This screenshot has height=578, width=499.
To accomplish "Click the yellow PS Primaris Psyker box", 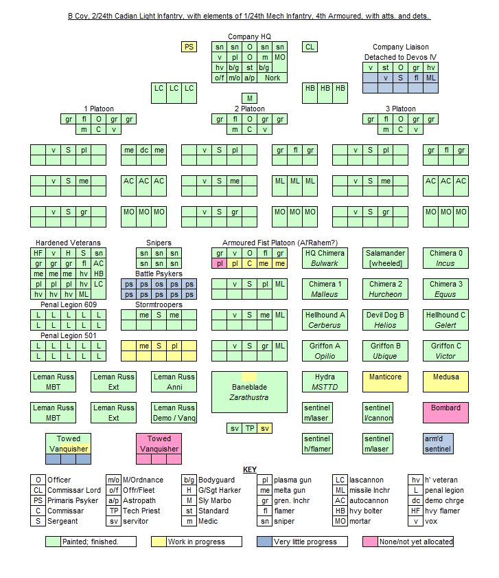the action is pyautogui.click(x=189, y=47).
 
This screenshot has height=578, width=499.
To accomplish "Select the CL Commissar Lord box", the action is pyautogui.click(x=310, y=47).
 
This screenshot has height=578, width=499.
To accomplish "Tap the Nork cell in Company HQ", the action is pyautogui.click(x=272, y=78).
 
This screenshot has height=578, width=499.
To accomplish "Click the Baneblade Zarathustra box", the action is pyautogui.click(x=249, y=392).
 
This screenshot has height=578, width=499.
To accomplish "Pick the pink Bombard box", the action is pyautogui.click(x=445, y=412).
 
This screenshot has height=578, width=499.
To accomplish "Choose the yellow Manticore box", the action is pyautogui.click(x=385, y=381).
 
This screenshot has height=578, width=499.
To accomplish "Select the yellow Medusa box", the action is pyautogui.click(x=445, y=381).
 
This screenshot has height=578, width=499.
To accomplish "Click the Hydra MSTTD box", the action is pyautogui.click(x=325, y=381).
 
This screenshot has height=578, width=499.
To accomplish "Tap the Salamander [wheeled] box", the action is pyautogui.click(x=385, y=258).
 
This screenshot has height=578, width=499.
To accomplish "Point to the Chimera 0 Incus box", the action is pyautogui.click(x=445, y=258).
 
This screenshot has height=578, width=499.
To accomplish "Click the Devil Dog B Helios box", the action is pyautogui.click(x=385, y=320).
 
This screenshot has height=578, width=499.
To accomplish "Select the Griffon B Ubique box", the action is pyautogui.click(x=385, y=351).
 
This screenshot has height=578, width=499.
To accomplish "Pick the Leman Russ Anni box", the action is pyautogui.click(x=174, y=381).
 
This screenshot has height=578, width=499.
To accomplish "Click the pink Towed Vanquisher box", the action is pyautogui.click(x=159, y=443).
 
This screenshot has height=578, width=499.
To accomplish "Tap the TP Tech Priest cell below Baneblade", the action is pyautogui.click(x=250, y=428).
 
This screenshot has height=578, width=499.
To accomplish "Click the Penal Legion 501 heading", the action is pyautogui.click(x=68, y=335).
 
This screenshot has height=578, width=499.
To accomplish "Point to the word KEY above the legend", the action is pyautogui.click(x=249, y=469).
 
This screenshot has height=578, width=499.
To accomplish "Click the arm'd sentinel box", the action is pyautogui.click(x=438, y=443).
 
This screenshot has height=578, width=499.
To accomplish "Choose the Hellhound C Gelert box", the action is pyautogui.click(x=445, y=320).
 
